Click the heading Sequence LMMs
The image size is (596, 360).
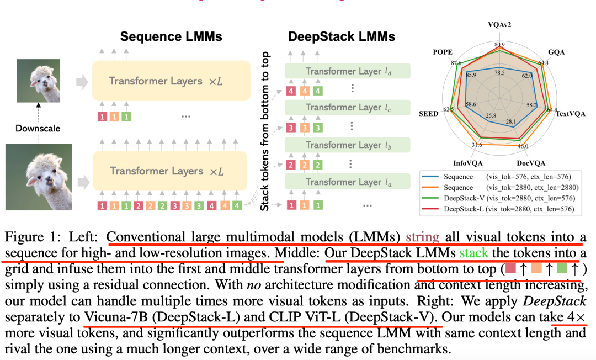point(171,37)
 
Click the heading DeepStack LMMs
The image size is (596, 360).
point(342,37)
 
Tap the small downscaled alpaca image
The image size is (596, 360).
point(38,81)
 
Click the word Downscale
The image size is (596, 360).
point(38,128)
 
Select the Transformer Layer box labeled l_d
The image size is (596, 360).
point(348,71)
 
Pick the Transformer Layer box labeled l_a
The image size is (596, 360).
point(348,182)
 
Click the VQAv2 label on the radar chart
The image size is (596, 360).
point(500,25)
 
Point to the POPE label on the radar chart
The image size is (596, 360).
point(443,52)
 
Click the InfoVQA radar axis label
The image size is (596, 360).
point(467,163)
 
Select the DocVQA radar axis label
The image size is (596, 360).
point(531,163)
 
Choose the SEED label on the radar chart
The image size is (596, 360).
point(428,114)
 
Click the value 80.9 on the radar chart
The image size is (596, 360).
point(500,45)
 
